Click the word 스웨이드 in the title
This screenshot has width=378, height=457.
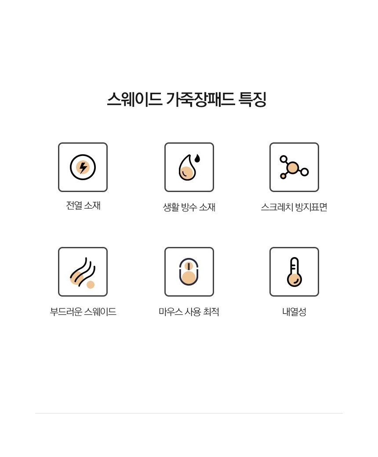(134, 99)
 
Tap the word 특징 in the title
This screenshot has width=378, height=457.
(252, 99)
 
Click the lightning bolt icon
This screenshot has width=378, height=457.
(83, 167)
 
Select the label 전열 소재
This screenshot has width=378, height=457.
(83, 206)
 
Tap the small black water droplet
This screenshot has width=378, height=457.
(197, 158)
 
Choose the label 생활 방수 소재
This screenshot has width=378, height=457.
(189, 207)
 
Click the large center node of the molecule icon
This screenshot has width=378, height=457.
(292, 168)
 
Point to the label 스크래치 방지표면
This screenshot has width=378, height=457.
(294, 207)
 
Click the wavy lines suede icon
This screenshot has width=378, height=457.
(82, 272)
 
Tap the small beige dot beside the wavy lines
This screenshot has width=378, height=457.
(91, 285)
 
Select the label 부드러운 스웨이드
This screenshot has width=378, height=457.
(83, 312)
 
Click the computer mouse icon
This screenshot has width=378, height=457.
(189, 272)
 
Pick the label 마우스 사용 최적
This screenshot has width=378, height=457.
(189, 312)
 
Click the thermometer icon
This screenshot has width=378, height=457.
(294, 272)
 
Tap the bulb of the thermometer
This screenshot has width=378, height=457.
(294, 279)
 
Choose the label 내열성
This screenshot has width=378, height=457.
(294, 312)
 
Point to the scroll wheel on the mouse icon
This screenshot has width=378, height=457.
(189, 266)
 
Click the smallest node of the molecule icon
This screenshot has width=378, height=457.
(283, 176)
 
